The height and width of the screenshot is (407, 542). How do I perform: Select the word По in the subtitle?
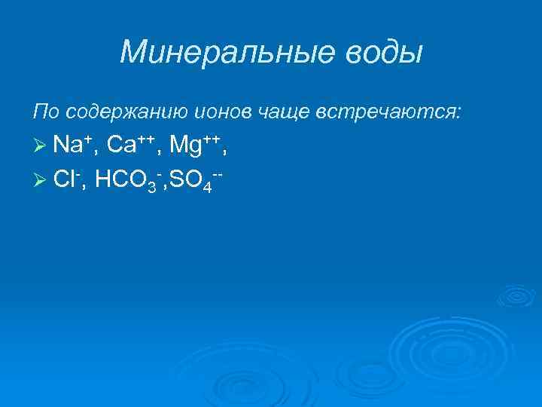coord(44,113)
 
